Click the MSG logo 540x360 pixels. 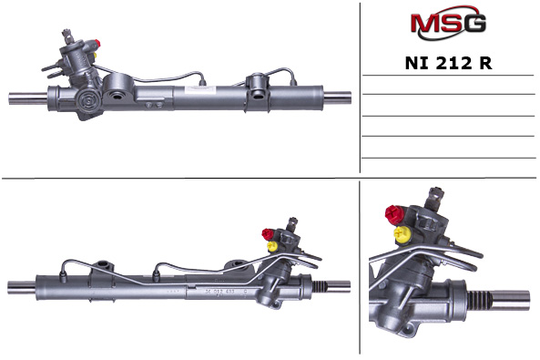(x=448, y=23)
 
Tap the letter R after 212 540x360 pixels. (x=485, y=63)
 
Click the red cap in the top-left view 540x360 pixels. (x=97, y=43)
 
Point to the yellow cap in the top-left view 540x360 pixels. (x=96, y=55)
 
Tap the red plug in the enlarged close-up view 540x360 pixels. (x=394, y=214)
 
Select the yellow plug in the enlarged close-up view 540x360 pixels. (x=402, y=234)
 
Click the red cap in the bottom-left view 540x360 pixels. (x=267, y=234)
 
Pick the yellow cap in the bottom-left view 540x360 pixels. (x=272, y=246)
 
